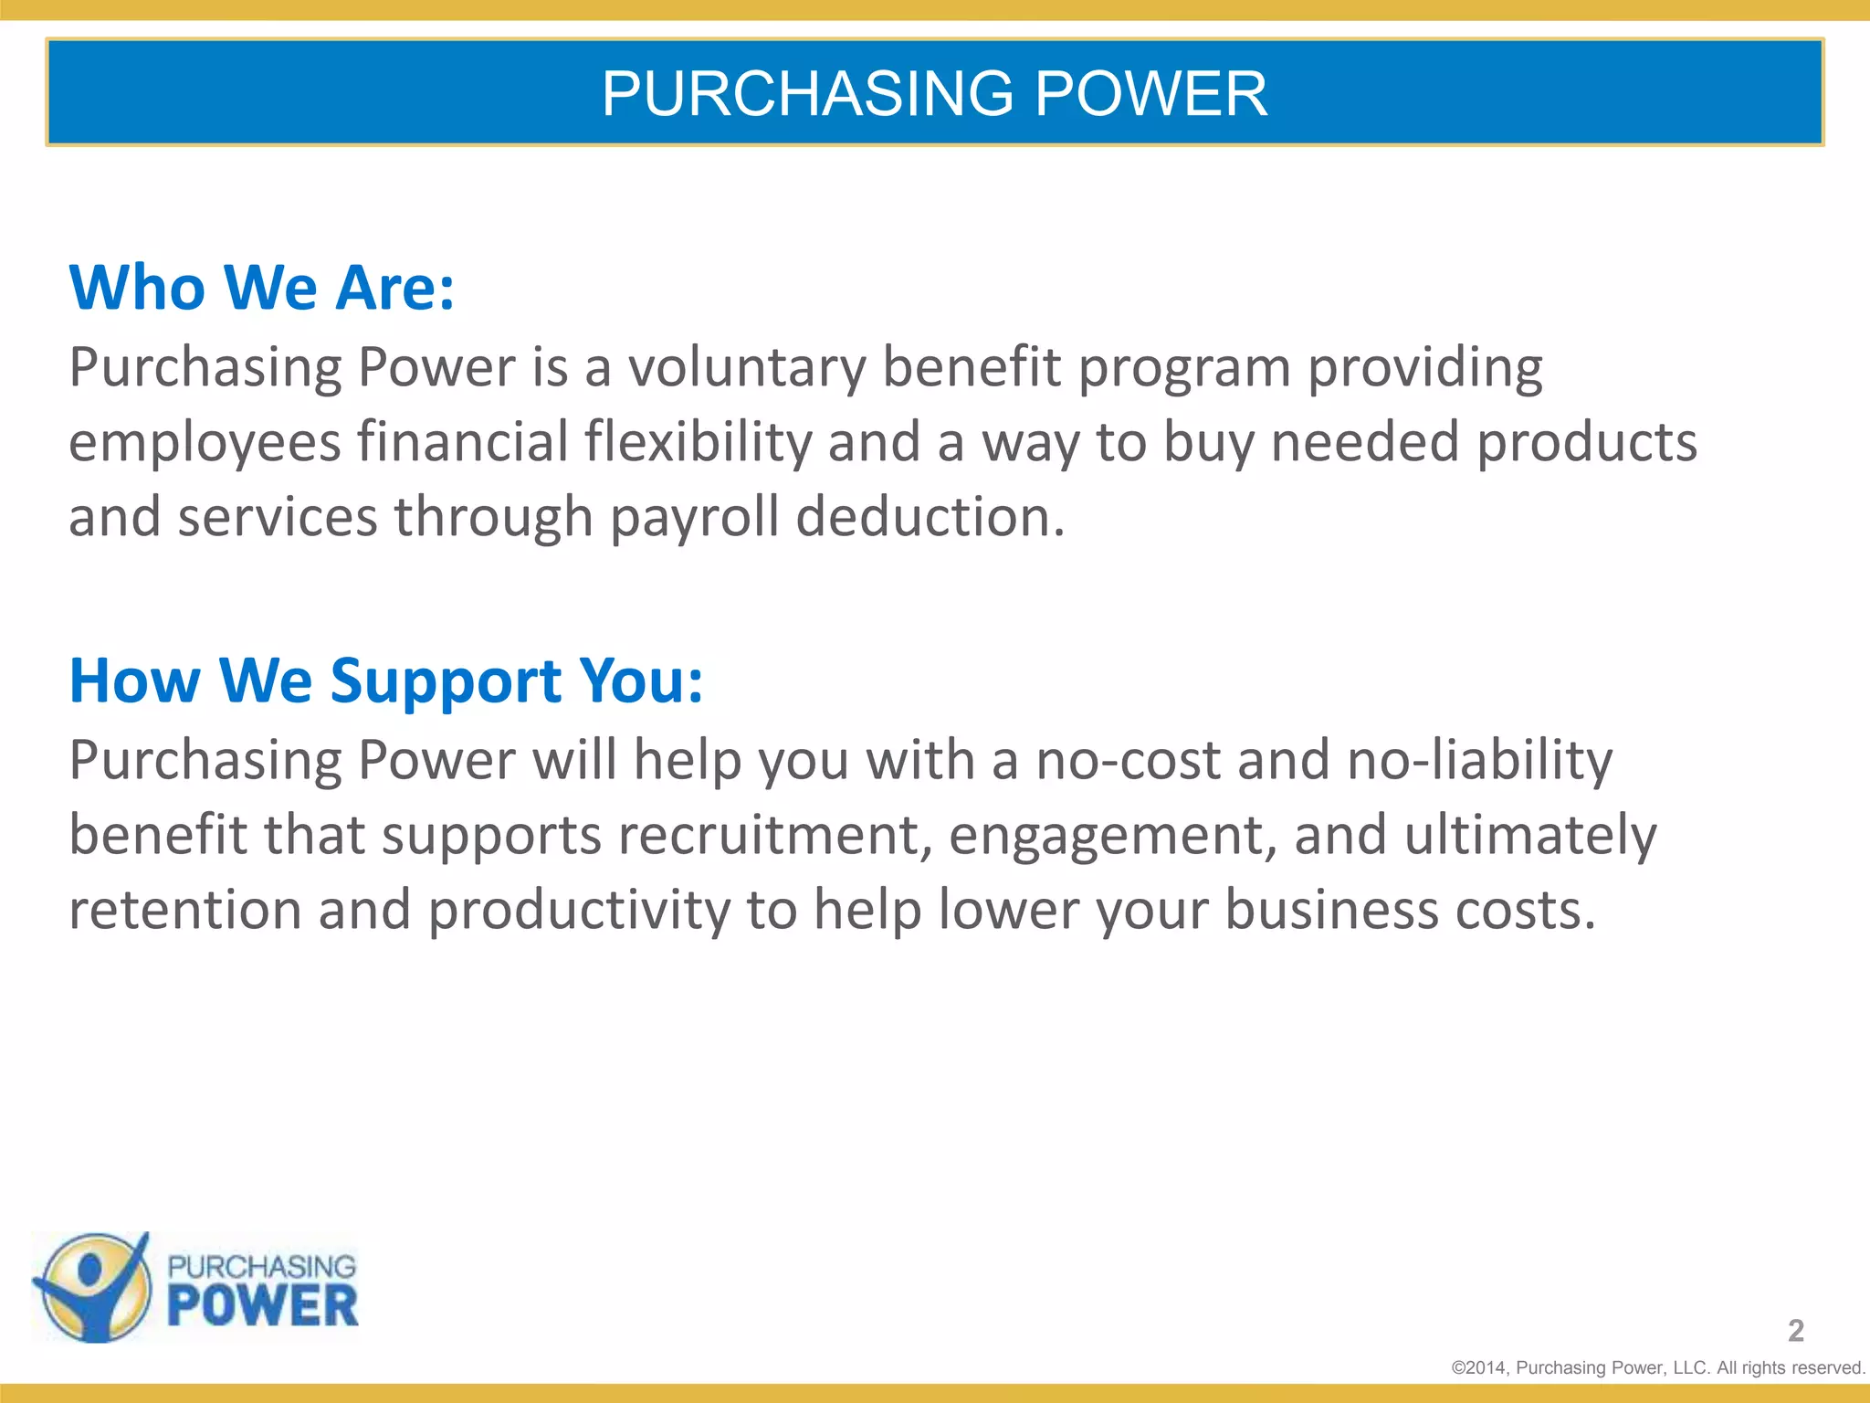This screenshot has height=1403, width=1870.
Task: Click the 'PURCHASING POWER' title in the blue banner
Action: [934, 93]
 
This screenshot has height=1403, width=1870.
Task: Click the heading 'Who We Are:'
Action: [262, 288]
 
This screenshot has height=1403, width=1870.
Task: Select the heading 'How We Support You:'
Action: [386, 680]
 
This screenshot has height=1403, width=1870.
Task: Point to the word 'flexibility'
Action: [698, 443]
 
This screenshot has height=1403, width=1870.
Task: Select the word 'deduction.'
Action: [930, 517]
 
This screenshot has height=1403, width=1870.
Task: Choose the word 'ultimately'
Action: [1529, 836]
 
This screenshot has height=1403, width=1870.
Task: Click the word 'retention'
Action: [185, 910]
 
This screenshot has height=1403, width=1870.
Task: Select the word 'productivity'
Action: [579, 910]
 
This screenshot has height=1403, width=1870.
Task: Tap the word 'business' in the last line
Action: [1331, 910]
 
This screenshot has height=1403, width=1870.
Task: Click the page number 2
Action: [1795, 1331]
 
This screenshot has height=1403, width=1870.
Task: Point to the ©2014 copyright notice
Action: [1657, 1367]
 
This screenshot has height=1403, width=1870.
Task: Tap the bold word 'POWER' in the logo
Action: [263, 1306]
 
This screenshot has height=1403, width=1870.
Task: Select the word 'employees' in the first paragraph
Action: [205, 443]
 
